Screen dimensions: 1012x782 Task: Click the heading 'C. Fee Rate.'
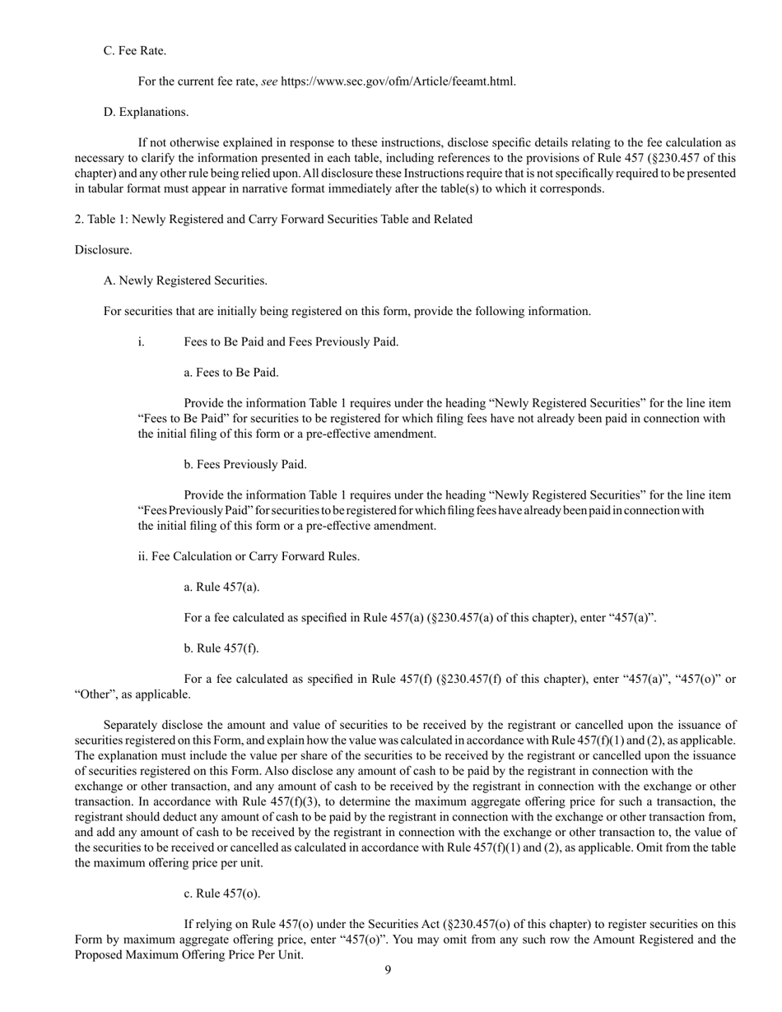134,51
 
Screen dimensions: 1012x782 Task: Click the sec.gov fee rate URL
398,81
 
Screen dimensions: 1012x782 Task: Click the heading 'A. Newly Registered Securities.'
185,281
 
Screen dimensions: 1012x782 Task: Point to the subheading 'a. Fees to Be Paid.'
231,373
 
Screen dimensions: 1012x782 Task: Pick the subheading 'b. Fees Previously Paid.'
245,465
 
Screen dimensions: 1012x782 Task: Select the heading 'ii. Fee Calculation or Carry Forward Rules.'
249,556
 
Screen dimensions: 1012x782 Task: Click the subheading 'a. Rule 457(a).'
221,587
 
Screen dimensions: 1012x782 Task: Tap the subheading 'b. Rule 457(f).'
221,648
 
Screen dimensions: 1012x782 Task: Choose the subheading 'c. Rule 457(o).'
222,894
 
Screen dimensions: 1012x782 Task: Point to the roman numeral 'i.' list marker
142,342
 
